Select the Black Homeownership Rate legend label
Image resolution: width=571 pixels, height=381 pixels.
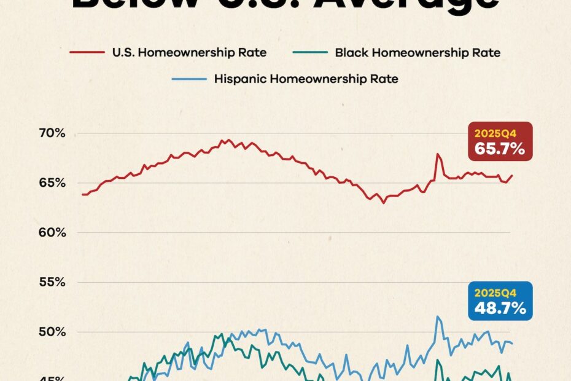[418, 52]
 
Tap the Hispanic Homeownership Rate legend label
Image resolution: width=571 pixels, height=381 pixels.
[306, 79]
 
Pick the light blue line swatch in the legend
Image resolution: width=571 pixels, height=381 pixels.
[188, 79]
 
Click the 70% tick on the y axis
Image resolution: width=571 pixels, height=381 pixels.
[53, 133]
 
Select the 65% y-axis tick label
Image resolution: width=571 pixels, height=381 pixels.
[53, 183]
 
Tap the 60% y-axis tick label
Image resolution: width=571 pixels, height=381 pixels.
[53, 233]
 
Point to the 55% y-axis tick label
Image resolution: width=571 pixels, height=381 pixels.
[53, 283]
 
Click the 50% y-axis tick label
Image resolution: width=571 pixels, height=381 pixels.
[53, 332]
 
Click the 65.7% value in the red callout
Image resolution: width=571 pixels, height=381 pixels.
[500, 148]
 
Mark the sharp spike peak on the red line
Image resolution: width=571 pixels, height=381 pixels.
[438, 154]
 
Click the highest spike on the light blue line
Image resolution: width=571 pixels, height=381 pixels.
[438, 316]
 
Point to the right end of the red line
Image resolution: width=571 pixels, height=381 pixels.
[512, 176]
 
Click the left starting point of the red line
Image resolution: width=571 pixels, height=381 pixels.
[82, 194]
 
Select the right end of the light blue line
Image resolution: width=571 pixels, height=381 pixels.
[512, 343]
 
